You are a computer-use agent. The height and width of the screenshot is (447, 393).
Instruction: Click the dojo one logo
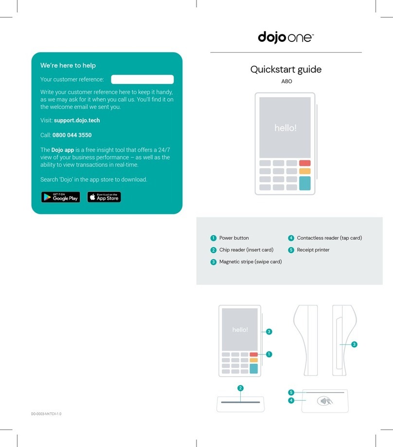point(286,37)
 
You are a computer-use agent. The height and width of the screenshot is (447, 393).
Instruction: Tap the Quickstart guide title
point(286,70)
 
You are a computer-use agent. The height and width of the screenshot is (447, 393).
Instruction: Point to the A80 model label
point(286,82)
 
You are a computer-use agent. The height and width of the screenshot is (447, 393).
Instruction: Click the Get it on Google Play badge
point(60,197)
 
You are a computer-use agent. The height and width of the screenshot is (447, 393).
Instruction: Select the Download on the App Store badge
point(104,197)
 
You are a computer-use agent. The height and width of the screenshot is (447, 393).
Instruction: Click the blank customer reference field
point(142,79)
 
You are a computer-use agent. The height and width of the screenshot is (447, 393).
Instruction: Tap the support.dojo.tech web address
point(77,120)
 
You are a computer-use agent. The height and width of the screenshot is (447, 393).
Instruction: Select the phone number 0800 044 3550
point(72,135)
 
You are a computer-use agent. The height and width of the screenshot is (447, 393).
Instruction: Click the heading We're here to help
point(68,65)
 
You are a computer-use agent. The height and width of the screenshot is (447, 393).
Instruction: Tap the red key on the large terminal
point(304,163)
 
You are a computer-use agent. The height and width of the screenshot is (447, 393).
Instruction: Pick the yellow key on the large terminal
point(304,171)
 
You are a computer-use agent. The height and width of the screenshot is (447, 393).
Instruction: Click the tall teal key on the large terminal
point(304,183)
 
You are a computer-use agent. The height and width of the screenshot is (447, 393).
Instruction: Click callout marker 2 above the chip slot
point(240,388)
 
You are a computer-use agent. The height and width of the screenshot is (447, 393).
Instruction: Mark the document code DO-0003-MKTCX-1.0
point(47,414)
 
